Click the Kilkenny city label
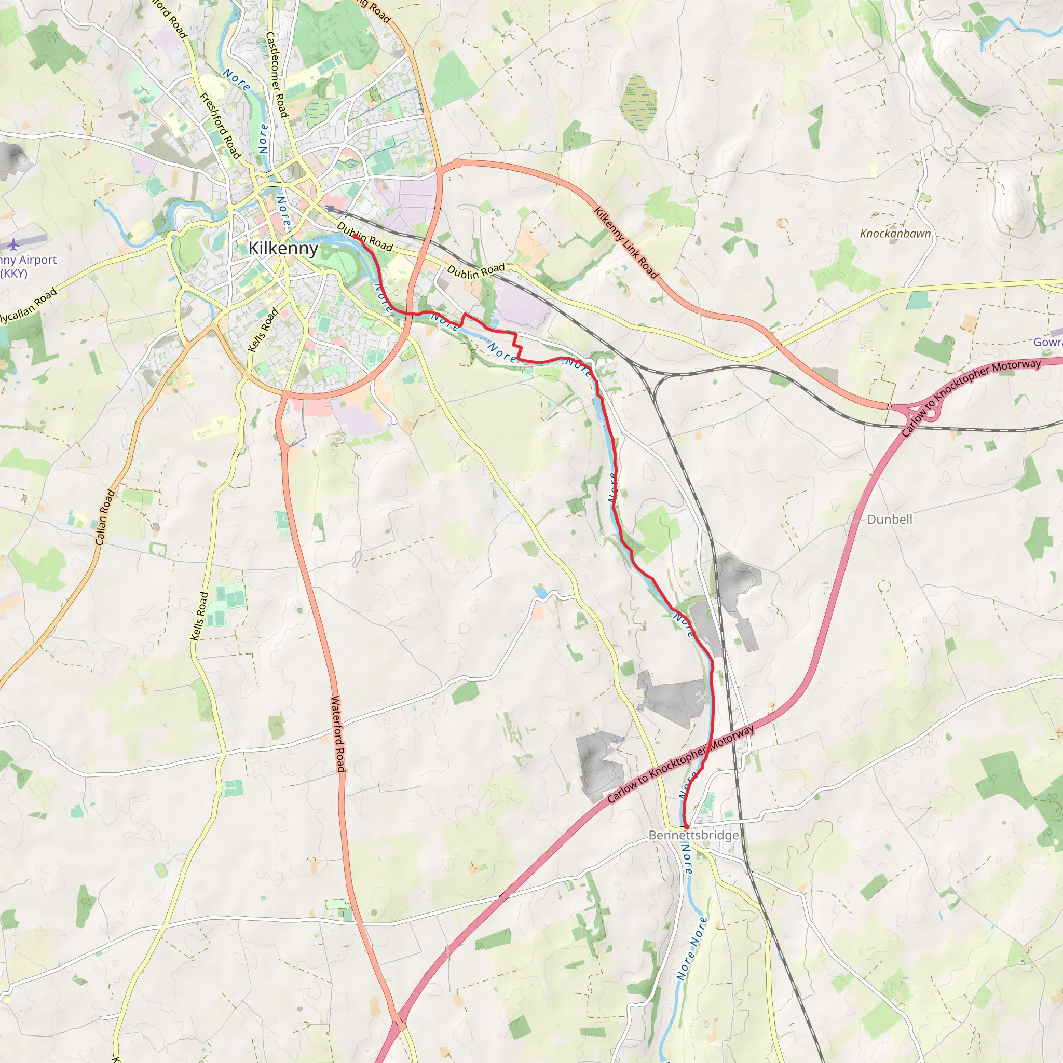(x=283, y=248)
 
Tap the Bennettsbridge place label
(x=693, y=835)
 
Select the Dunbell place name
(x=889, y=520)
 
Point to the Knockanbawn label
(x=895, y=233)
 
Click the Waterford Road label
(x=337, y=733)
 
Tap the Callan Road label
(x=104, y=517)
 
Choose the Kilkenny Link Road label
(x=625, y=242)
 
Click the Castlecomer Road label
(x=276, y=74)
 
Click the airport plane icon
(x=13, y=244)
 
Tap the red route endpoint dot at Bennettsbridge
(x=686, y=826)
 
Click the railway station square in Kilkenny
(x=330, y=209)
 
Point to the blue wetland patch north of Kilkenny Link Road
(x=638, y=102)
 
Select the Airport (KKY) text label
(x=28, y=266)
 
